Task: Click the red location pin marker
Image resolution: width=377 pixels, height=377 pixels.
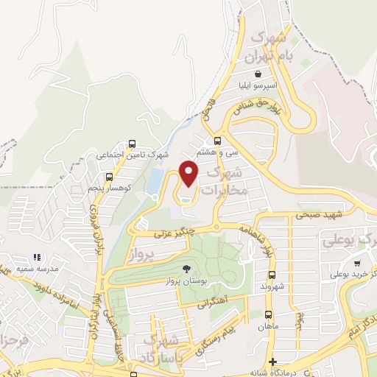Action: click(189, 173)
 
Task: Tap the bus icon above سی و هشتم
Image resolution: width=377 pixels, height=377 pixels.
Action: click(217, 141)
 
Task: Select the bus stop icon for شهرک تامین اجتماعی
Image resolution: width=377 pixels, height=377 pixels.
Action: click(132, 144)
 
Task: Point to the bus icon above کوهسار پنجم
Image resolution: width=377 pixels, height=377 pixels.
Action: click(110, 177)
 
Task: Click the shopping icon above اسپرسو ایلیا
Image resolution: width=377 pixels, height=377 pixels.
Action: click(256, 74)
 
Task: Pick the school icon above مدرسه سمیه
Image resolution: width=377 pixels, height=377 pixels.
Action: click(36, 257)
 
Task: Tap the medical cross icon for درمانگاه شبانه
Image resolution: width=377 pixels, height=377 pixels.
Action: click(273, 362)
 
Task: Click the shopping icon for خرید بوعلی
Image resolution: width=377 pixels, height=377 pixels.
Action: click(357, 263)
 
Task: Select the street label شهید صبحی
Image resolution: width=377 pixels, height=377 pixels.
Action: click(317, 215)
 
